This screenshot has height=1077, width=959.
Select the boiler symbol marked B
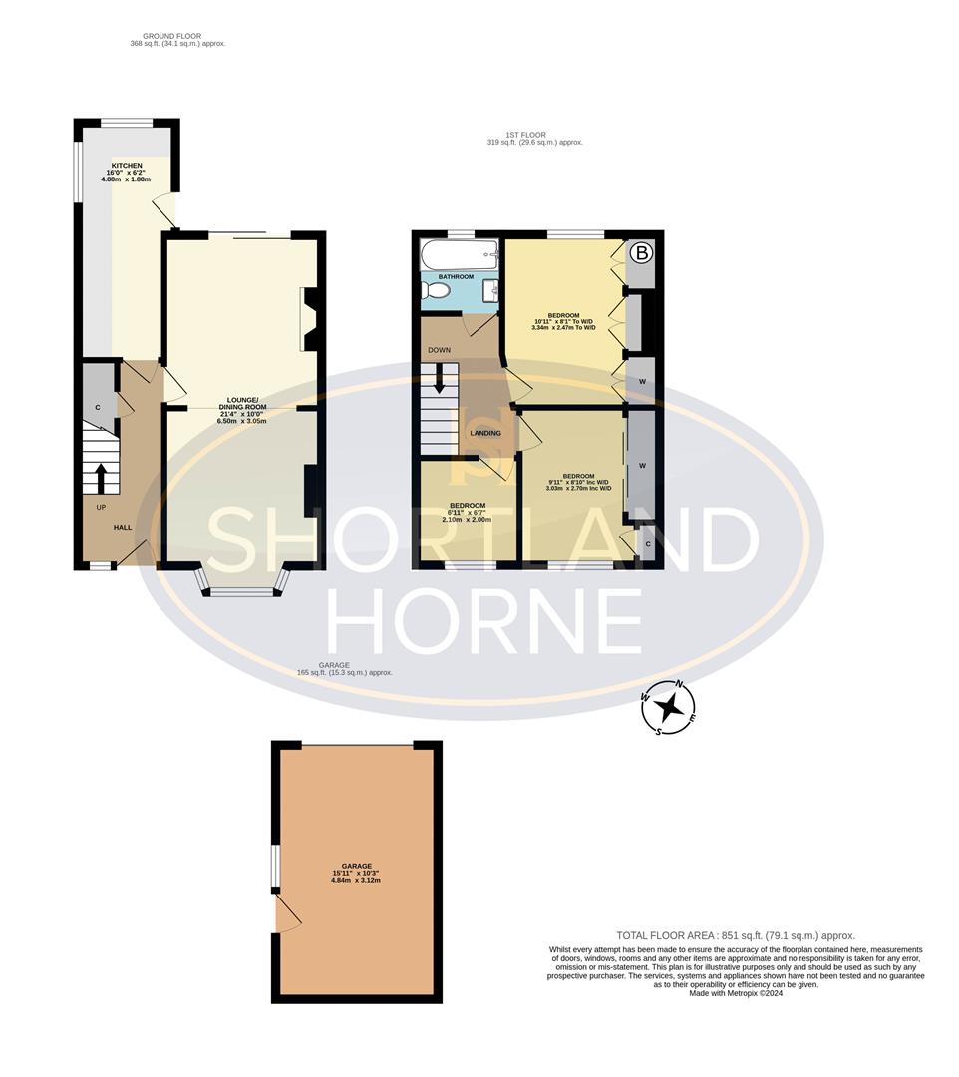point(641,254)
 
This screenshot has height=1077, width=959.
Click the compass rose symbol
point(673,708)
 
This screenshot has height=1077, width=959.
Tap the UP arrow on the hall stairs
point(99,477)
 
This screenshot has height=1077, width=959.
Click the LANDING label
point(485,433)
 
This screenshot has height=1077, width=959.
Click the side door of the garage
point(285,912)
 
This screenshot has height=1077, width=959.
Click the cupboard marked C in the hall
point(98,407)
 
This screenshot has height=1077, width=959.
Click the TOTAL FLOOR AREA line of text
point(736,935)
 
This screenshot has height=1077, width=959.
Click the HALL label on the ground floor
point(122,527)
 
